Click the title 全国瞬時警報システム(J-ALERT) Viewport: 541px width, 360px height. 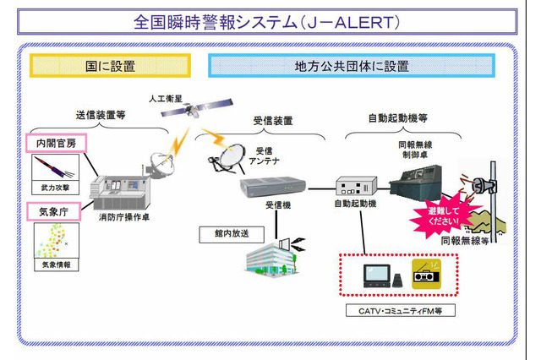click(269, 19)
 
